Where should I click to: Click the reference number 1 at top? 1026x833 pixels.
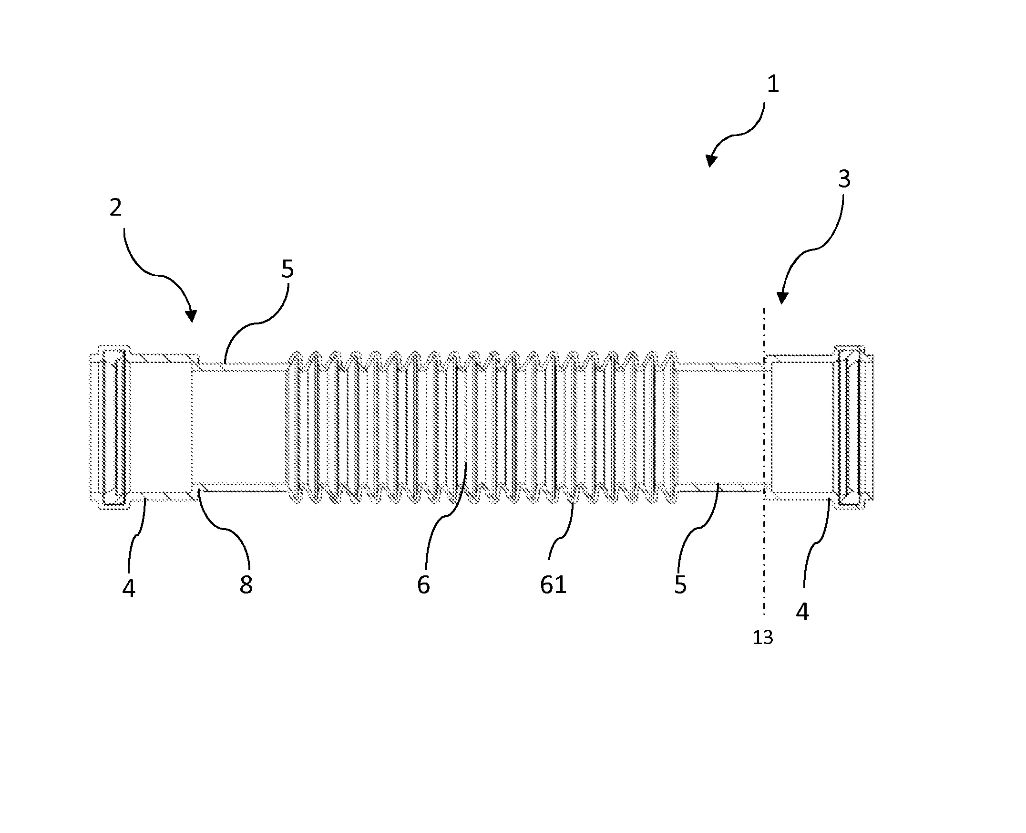click(773, 84)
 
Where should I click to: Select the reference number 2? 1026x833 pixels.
click(115, 208)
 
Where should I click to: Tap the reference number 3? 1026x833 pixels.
click(844, 179)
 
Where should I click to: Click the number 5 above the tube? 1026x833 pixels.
click(287, 269)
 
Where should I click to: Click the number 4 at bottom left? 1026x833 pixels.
click(129, 588)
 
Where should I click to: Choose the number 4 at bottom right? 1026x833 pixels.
click(802, 612)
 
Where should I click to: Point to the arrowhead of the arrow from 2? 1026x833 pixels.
click(191, 316)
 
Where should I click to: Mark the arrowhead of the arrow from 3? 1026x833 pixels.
click(782, 299)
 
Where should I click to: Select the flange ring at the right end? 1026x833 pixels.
click(853, 427)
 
